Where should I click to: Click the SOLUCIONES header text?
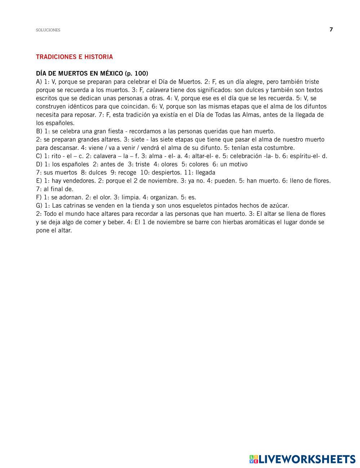pos(48,30)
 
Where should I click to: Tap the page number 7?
pos(331,30)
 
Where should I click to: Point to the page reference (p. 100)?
pos(136,73)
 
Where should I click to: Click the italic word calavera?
pos(157,90)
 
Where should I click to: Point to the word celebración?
pos(246,156)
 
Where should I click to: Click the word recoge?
pos(127,173)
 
